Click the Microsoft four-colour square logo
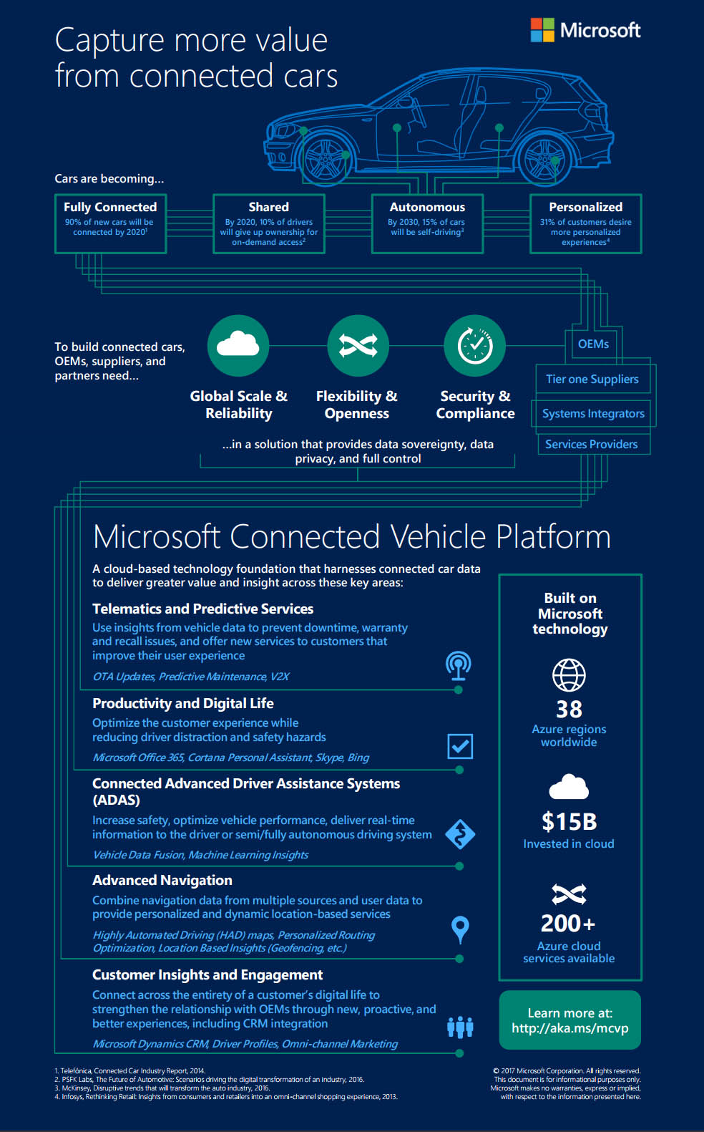click(542, 30)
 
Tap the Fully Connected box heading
click(110, 207)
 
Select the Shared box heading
click(269, 207)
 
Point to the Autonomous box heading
click(427, 207)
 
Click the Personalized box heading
click(586, 207)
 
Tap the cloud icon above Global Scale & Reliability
click(238, 345)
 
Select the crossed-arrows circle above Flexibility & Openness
click(358, 345)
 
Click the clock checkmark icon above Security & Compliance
click(475, 345)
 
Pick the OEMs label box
click(593, 344)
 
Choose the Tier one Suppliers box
click(592, 379)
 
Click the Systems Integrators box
click(593, 413)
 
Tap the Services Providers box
click(592, 444)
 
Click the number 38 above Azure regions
click(569, 710)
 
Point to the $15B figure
click(569, 821)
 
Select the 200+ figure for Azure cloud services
click(568, 924)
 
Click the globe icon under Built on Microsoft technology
click(569, 674)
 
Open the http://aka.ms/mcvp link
click(569, 1028)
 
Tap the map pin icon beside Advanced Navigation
click(460, 929)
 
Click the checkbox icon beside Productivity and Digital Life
click(460, 746)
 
